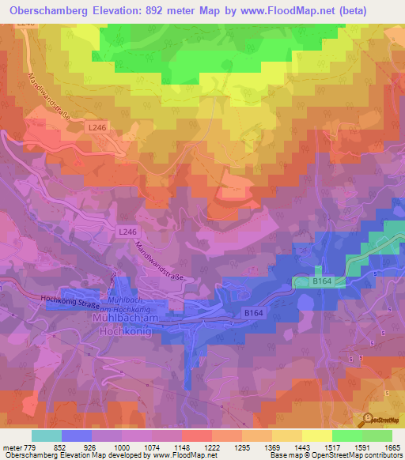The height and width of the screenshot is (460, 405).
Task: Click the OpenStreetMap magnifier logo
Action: click(369, 419)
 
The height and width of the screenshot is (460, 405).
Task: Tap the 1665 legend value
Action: click(392, 447)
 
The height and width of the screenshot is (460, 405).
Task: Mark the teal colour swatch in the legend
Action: click(47, 435)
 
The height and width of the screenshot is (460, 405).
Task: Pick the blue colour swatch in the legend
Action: click(77, 435)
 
